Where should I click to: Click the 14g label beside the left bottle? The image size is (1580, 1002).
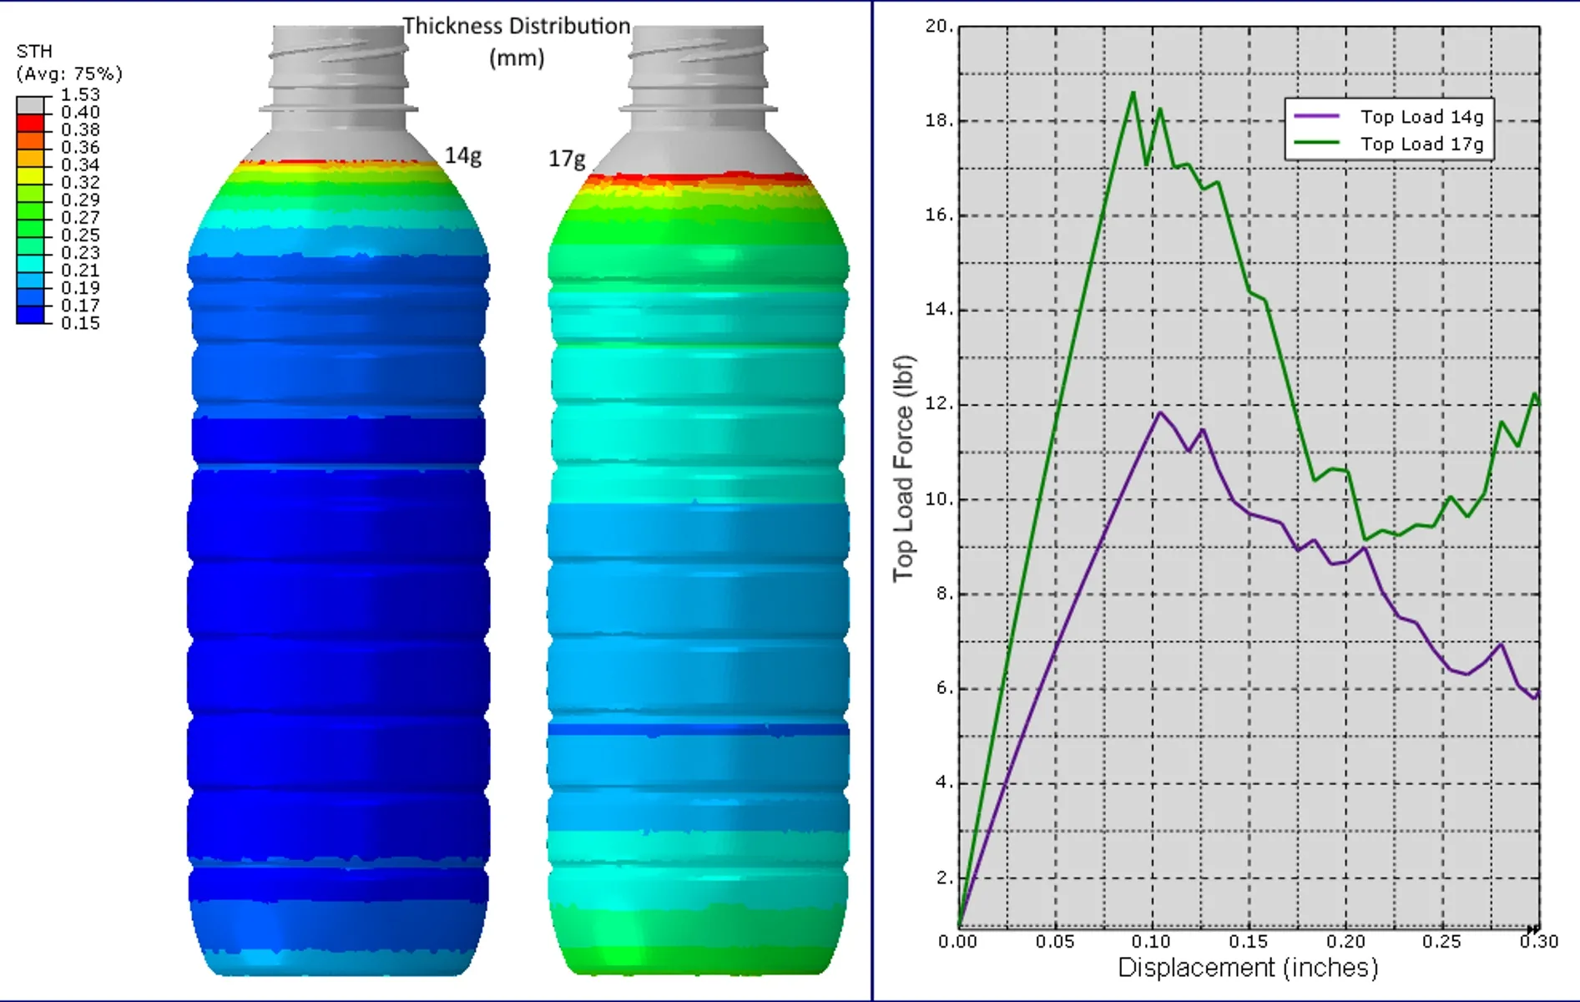(462, 156)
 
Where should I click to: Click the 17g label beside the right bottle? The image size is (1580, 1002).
(566, 159)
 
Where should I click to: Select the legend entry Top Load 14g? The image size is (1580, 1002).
(1421, 117)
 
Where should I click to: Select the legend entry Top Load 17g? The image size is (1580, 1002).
(1421, 144)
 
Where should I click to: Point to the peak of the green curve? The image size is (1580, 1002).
(1133, 93)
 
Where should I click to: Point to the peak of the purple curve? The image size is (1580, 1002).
(1159, 412)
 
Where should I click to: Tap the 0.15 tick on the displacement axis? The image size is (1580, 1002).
(1249, 942)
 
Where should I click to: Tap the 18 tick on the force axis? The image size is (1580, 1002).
(938, 120)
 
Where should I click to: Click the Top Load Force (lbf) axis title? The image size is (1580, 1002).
(903, 468)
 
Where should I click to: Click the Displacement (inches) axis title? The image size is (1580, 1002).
(1248, 968)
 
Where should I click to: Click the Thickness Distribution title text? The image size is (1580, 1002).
(517, 27)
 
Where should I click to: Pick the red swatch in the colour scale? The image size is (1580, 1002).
(30, 122)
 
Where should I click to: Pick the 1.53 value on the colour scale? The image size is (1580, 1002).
(80, 95)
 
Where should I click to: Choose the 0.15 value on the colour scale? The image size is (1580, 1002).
(80, 323)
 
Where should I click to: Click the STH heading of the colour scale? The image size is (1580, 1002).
(34, 52)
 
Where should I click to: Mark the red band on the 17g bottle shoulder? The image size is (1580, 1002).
(697, 179)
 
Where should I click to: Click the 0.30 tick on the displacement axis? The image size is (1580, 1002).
(1538, 942)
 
